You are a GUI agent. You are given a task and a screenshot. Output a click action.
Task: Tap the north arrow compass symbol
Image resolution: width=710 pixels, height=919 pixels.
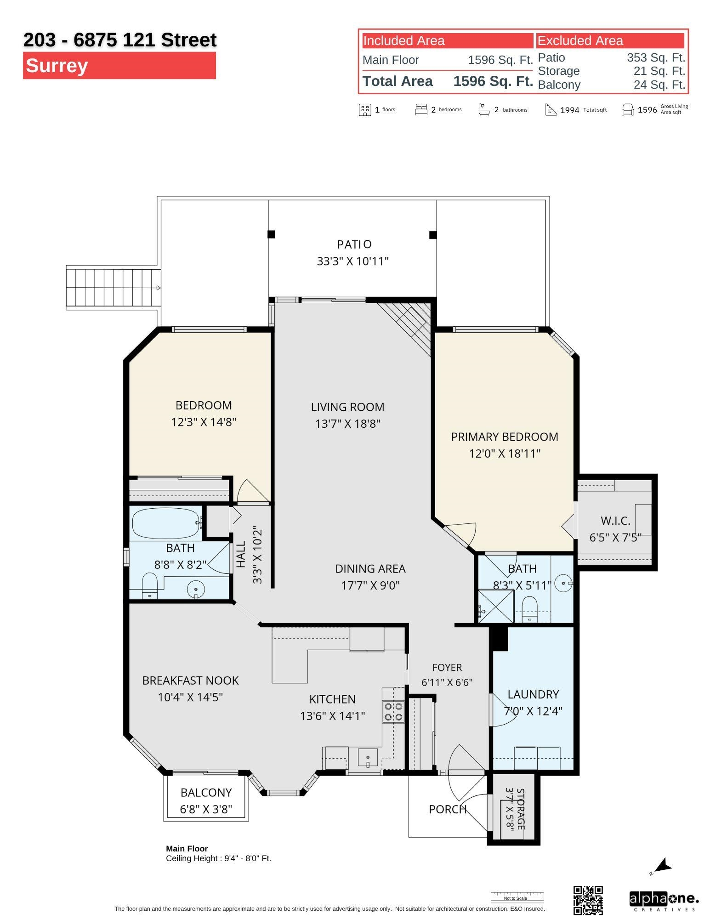662,866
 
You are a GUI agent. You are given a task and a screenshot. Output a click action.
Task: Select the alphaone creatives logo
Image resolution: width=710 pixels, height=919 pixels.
664,901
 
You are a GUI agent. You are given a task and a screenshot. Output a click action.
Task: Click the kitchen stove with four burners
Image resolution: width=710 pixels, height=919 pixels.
393,712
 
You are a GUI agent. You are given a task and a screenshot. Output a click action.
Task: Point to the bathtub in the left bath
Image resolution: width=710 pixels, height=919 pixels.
166,523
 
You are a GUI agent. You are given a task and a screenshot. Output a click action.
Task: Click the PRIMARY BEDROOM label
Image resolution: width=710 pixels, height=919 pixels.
505,437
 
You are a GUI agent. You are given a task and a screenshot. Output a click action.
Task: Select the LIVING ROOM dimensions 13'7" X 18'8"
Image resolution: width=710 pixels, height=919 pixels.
348,424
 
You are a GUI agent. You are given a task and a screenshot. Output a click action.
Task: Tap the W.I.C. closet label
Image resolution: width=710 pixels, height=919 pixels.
615,521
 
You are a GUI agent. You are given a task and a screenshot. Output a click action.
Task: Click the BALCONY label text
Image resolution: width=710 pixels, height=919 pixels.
206,793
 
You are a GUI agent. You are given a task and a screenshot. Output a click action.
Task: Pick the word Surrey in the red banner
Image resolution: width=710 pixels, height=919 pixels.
57,65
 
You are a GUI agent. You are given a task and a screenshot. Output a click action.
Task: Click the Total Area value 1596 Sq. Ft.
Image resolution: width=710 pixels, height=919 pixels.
493,81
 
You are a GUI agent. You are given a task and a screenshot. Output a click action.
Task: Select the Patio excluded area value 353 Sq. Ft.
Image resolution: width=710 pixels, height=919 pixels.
656,58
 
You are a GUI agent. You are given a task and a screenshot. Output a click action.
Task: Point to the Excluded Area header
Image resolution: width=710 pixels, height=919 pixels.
580,40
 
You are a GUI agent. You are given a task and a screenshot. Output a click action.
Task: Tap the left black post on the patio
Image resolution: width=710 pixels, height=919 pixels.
271,234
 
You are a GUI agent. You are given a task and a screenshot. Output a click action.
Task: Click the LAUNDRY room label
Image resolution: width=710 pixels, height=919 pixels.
533,694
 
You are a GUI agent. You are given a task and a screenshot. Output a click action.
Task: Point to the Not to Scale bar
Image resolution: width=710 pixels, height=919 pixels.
517,896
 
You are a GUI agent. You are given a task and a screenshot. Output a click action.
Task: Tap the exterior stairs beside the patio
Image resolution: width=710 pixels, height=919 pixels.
113,288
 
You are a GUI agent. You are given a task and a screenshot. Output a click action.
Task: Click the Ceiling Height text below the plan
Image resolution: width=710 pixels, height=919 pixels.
218,858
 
